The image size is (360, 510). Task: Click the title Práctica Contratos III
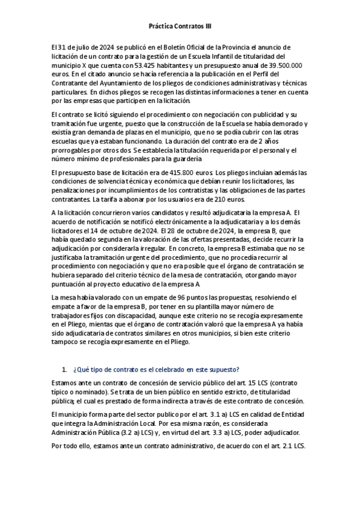180,26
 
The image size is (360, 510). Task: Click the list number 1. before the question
65,369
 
